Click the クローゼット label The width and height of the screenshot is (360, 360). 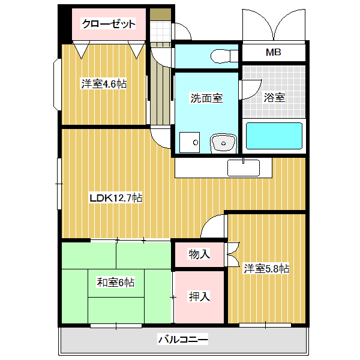[x=109, y=24]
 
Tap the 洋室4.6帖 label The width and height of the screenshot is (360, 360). [x=104, y=84]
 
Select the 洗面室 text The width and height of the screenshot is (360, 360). [x=206, y=98]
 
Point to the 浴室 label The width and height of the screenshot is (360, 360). [x=274, y=98]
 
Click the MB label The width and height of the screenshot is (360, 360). [x=274, y=52]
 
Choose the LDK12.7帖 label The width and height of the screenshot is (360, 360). [x=116, y=197]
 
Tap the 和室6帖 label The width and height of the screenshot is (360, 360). [x=116, y=282]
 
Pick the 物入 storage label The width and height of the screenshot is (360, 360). [x=199, y=254]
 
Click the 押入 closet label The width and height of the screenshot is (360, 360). [x=199, y=296]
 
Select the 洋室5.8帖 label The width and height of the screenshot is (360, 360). [x=266, y=269]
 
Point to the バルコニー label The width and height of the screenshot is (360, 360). [x=183, y=340]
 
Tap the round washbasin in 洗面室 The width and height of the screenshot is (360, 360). [x=224, y=143]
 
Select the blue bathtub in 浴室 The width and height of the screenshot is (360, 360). [x=274, y=136]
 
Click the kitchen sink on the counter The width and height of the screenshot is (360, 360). [x=243, y=167]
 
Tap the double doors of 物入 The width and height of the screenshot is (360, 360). [x=233, y=254]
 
